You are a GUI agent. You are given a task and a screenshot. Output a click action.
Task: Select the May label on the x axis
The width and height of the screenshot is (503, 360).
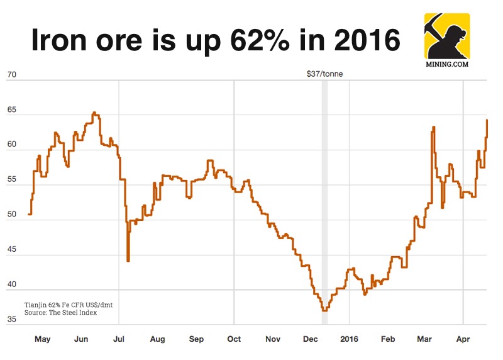pyautogui.click(x=42, y=340)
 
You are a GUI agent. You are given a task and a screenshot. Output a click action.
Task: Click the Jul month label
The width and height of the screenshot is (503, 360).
pyautogui.click(x=119, y=340)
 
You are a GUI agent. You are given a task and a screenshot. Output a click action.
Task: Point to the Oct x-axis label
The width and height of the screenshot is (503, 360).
pyautogui.click(x=234, y=340)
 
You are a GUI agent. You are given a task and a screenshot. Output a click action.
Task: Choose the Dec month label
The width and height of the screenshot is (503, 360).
pyautogui.click(x=311, y=340)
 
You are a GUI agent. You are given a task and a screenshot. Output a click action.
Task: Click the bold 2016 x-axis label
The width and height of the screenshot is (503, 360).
pyautogui.click(x=349, y=340)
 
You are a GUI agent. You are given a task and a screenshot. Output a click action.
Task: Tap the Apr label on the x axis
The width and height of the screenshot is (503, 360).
pyautogui.click(x=463, y=340)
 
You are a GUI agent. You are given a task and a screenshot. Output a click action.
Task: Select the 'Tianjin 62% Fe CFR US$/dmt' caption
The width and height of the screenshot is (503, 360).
pyautogui.click(x=69, y=305)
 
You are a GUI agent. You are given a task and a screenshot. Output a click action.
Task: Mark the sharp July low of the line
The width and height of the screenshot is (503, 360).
pyautogui.click(x=128, y=260)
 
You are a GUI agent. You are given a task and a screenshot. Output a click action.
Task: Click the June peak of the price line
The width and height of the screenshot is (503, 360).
pyautogui.click(x=94, y=113)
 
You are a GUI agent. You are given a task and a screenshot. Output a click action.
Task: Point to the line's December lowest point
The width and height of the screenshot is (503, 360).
pyautogui.click(x=324, y=310)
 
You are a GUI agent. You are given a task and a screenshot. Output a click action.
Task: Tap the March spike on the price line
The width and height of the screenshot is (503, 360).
pyautogui.click(x=434, y=128)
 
